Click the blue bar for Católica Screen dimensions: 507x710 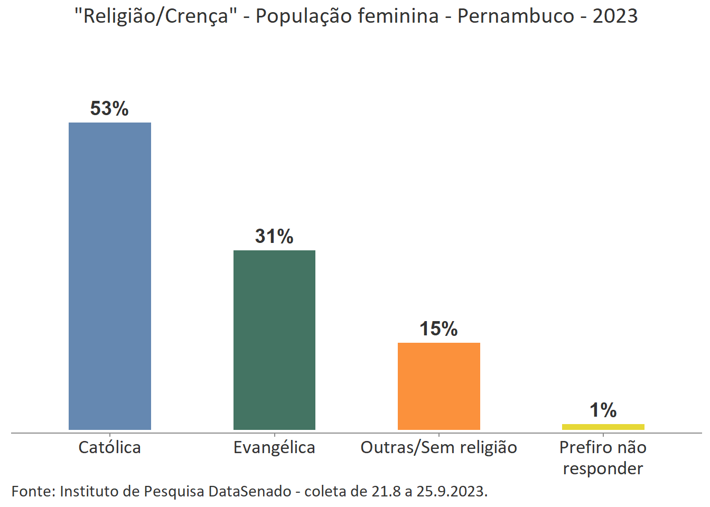click(110, 276)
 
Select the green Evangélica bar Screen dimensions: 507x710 click(274, 340)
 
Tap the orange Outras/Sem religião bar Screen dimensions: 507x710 click(438, 386)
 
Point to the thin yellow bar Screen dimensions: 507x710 click(603, 427)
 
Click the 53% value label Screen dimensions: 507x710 click(109, 109)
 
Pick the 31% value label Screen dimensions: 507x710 click(274, 237)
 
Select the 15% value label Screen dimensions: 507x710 click(438, 329)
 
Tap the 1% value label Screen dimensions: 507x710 click(603, 410)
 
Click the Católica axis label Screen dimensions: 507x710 click(110, 448)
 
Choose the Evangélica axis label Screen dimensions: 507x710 click(274, 448)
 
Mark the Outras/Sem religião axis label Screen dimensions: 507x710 click(438, 448)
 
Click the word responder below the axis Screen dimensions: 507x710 click(603, 469)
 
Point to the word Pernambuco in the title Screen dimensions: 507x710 click(516, 16)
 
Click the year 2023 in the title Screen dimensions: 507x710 click(615, 16)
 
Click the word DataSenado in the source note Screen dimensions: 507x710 click(250, 492)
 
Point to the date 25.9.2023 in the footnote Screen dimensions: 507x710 click(452, 492)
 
